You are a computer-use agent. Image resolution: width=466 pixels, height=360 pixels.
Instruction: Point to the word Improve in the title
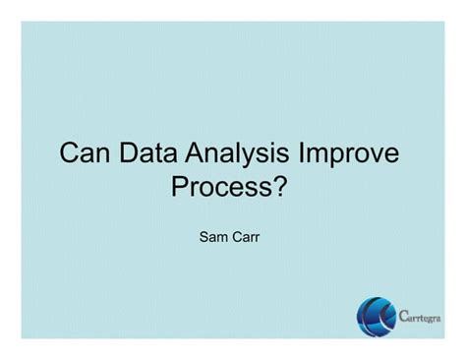353,154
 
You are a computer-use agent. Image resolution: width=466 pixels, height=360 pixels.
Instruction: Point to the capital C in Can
70,154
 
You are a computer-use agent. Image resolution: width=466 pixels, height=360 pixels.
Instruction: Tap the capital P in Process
180,186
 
